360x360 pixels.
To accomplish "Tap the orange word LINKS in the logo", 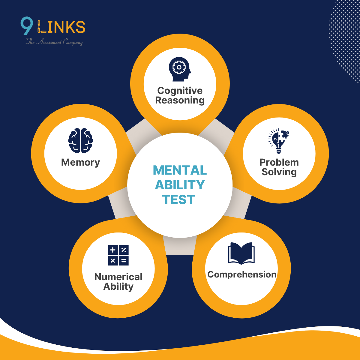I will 61,27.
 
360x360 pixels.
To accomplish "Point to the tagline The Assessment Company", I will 54,42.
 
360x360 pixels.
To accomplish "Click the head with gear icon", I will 179,69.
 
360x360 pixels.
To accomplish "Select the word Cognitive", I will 180,91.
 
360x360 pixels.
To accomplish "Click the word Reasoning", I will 180,100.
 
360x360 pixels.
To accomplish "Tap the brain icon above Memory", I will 80,141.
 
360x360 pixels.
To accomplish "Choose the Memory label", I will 80,162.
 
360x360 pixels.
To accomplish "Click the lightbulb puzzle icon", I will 278,141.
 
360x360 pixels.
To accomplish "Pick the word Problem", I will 279,162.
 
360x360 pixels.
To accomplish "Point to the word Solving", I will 279,172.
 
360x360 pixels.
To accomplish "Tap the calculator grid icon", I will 118,255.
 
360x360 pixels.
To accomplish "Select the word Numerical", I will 118,277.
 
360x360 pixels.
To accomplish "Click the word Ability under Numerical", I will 118,286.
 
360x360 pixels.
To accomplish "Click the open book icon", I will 241,253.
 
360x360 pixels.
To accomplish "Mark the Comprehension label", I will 242,274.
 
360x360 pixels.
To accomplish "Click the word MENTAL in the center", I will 180,170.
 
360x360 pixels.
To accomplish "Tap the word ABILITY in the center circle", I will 180,185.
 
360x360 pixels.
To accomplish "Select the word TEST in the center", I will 179,199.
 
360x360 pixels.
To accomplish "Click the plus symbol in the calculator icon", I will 113,250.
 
